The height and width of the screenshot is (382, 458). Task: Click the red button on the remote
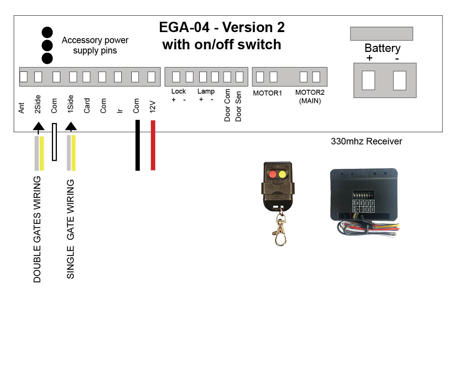coord(273,175)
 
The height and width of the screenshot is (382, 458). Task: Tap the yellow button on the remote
coord(282,175)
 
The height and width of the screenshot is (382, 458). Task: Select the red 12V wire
coord(153,145)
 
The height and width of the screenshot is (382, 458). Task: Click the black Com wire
coord(138,145)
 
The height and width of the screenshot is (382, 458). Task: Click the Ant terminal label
coord(22,108)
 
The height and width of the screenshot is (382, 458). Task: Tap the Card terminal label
coord(87,106)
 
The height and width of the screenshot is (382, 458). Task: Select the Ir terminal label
coord(119,110)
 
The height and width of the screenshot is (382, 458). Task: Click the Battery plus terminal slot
coord(368,80)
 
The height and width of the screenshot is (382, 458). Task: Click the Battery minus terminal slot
coord(400,80)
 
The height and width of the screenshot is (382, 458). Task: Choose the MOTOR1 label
coord(268,93)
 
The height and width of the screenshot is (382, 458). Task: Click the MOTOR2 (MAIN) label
coord(310,97)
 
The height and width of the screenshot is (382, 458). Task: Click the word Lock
coord(178,91)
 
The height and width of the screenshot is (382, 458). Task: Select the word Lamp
coord(206,91)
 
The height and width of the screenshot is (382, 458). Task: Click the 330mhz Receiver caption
coord(366,141)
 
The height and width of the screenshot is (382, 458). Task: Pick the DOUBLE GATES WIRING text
coord(37,229)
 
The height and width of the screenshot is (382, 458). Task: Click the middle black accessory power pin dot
coord(47,45)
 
